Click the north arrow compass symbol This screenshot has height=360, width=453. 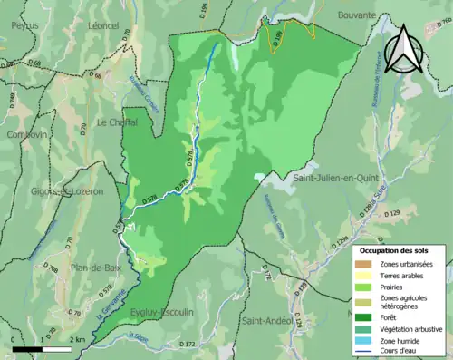pos(404,50)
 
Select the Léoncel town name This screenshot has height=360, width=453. pos(103,26)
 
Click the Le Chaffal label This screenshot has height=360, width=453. pos(116,122)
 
